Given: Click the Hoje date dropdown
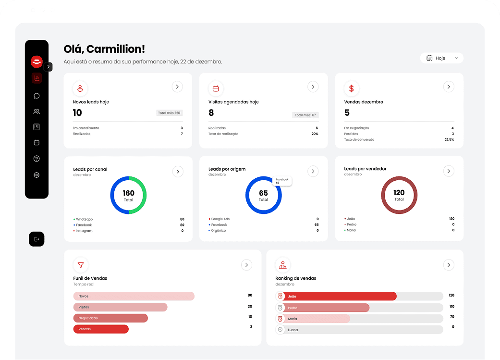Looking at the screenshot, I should (441, 58).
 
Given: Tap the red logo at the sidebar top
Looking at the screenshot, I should (37, 62).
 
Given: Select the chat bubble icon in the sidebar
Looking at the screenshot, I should (37, 96).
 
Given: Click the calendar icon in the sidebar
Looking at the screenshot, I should (37, 143).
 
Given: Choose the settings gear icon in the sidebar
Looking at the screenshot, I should (37, 175).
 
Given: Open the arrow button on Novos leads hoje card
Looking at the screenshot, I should (177, 87).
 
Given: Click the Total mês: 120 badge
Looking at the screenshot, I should (169, 113).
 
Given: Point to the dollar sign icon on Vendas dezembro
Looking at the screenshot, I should (351, 88).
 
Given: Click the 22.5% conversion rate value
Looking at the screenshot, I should (449, 140).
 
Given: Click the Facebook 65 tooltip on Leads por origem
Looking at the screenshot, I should (282, 181).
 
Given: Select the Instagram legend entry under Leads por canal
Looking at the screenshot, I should (84, 231).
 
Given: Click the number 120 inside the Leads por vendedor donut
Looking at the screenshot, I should (399, 193).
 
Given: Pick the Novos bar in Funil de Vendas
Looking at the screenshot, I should (134, 296).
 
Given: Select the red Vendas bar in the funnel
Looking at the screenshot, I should (101, 329).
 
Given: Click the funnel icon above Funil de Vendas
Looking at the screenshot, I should (80, 265).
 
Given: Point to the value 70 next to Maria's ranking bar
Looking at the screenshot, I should (452, 317).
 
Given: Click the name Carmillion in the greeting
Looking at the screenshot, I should (115, 49).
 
